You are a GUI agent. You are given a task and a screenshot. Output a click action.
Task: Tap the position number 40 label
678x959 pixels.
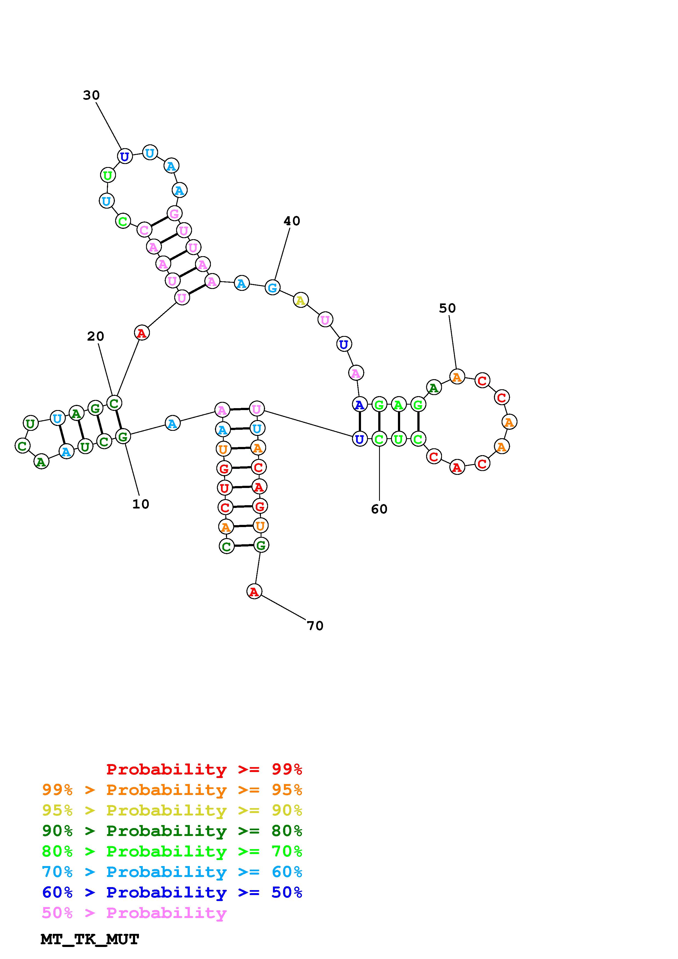coord(292,221)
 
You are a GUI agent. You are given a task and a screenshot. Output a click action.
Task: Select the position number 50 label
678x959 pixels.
coord(447,308)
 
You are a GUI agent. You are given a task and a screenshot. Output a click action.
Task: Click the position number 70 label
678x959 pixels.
coord(315,626)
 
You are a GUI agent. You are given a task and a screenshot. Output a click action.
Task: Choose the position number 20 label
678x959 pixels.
coord(95,336)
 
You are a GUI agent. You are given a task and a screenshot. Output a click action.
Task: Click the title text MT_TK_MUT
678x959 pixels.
coord(90,939)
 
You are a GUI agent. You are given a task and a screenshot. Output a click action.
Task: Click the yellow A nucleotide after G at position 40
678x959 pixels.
coord(300,300)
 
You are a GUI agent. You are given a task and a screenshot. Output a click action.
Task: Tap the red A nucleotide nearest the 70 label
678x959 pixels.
coord(254,591)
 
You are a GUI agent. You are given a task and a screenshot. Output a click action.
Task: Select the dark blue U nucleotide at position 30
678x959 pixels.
coord(124,157)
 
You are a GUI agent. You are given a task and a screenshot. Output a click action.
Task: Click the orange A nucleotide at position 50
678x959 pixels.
coord(457,377)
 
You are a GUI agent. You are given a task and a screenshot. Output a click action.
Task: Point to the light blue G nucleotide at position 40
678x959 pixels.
coord(272,287)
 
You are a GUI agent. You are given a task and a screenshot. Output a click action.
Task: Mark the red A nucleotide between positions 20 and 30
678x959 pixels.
coord(142,333)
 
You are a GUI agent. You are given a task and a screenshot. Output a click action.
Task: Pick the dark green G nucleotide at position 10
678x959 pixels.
coord(123,437)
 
